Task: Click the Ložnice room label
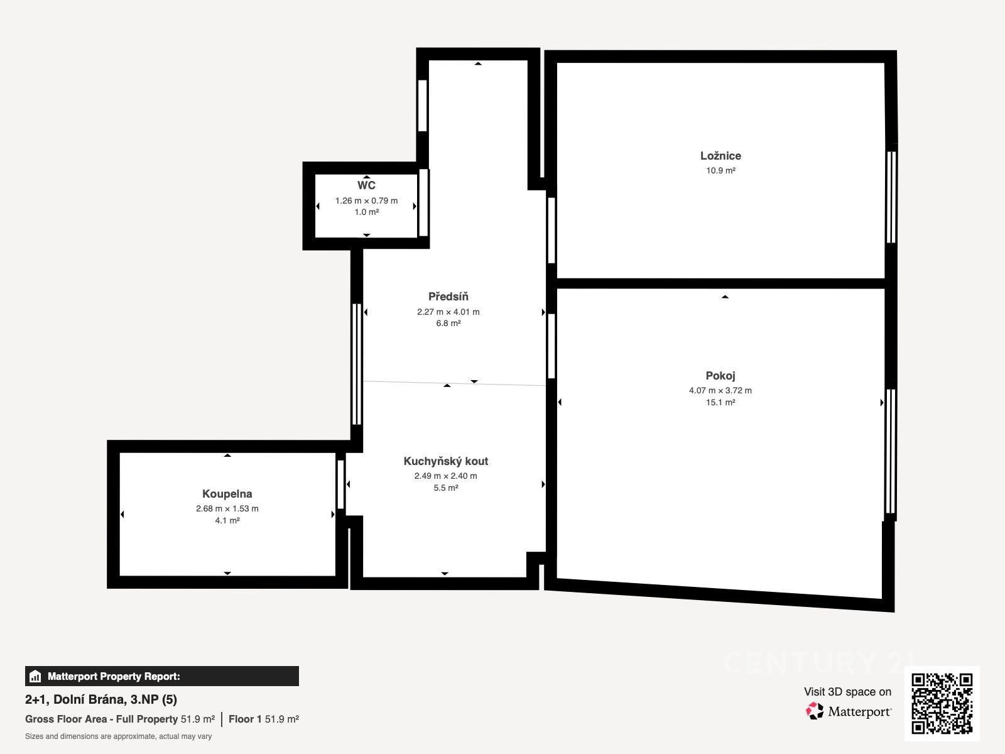720,156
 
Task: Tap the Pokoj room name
720,376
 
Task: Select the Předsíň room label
448,296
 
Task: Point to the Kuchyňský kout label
445,461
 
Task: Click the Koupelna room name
227,494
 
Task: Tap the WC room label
366,185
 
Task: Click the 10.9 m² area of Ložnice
720,170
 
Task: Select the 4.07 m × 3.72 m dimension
720,390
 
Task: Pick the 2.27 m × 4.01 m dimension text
448,312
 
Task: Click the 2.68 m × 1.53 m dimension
227,508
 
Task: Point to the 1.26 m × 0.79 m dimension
366,200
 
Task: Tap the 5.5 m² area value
445,488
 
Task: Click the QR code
942,704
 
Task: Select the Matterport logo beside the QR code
849,711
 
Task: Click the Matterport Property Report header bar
161,676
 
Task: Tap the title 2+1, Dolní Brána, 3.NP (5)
100,699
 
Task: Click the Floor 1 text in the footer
245,719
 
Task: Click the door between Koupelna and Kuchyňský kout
340,484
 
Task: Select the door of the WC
423,203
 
